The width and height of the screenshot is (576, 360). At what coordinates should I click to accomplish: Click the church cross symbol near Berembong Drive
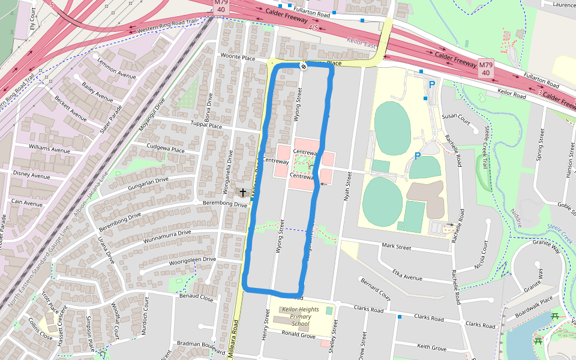243,193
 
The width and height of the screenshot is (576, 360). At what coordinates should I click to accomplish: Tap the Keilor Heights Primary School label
292,317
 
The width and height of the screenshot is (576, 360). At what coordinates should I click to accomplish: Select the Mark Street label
396,247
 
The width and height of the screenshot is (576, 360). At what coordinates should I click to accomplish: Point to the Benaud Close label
196,298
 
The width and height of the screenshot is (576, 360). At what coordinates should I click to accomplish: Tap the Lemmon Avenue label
116,70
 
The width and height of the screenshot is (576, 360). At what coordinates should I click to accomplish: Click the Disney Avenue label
31,176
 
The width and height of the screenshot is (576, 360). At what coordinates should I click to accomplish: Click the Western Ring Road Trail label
167,26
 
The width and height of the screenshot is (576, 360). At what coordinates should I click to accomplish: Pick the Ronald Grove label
298,335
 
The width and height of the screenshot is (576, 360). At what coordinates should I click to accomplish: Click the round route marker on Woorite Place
304,66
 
